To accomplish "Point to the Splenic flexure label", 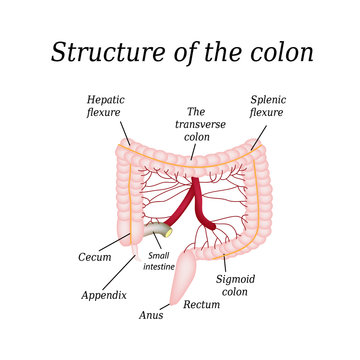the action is pyautogui.click(x=267, y=108).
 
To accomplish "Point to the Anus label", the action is pyautogui.click(x=151, y=314).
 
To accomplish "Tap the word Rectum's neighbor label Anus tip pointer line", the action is pyautogui.click(x=169, y=305).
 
